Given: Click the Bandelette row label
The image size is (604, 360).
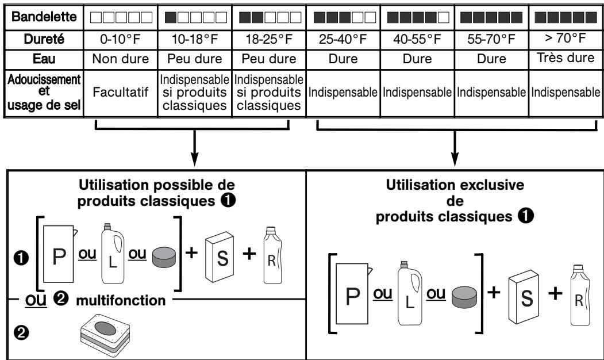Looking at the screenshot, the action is [x=44, y=17].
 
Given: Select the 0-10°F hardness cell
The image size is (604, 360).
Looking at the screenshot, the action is [x=121, y=39].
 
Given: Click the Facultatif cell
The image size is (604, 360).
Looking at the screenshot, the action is [x=121, y=92].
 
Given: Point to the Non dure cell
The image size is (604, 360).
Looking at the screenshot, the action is [x=121, y=59].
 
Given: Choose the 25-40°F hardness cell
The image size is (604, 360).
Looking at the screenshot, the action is [x=343, y=39].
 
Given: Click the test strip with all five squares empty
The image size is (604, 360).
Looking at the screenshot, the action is [x=121, y=17].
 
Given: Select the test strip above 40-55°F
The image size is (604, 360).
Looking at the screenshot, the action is [x=418, y=17].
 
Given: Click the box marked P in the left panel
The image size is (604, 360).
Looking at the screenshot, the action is [x=59, y=254].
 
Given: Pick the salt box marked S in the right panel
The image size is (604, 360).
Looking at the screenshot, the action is [x=524, y=297].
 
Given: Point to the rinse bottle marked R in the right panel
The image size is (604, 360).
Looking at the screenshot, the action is [x=580, y=295].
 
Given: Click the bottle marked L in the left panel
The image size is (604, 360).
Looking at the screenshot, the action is [x=113, y=253].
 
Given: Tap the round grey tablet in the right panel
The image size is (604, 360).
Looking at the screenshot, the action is [x=464, y=297].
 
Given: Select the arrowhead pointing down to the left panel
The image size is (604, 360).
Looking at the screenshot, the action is [x=194, y=159].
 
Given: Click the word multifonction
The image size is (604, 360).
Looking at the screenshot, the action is [x=121, y=300].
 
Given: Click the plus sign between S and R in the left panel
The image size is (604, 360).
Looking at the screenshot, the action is [x=249, y=253].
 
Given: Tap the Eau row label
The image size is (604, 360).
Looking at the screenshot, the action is [x=44, y=59].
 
